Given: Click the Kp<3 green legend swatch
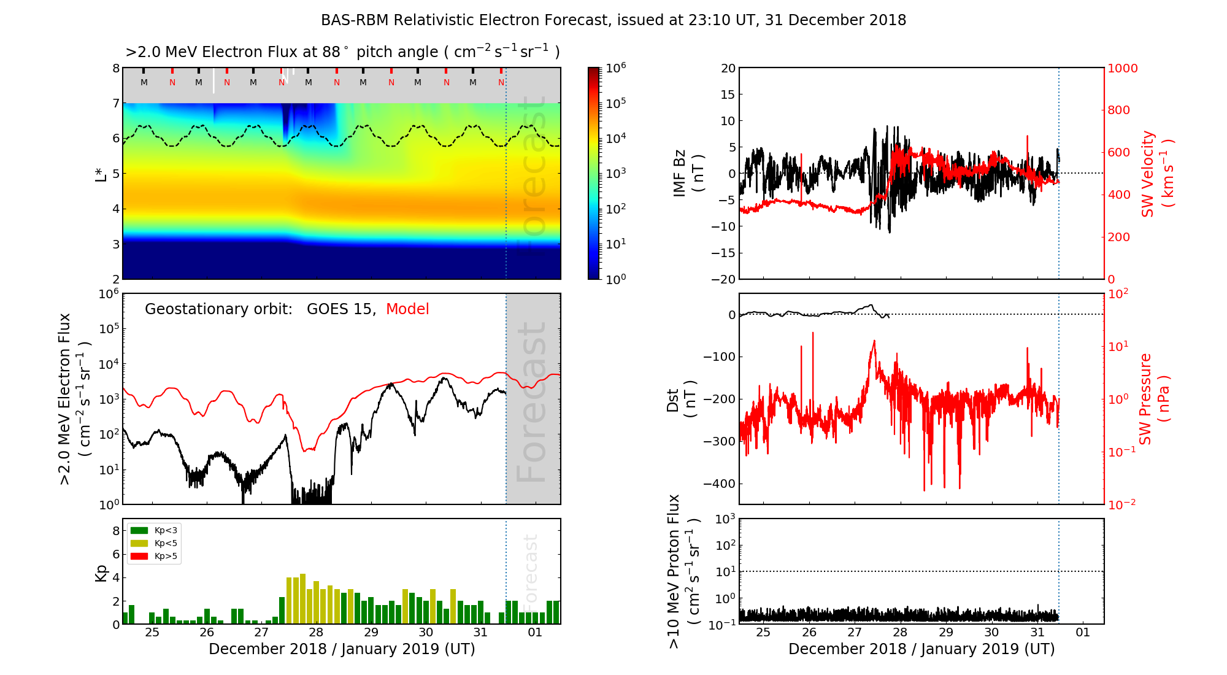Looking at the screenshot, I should click(139, 530).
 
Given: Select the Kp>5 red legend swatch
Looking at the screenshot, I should click(139, 557).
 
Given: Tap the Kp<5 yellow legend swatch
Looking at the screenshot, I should click(139, 543).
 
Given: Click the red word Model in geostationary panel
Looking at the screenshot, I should click(407, 309).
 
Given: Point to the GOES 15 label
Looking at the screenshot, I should click(340, 309).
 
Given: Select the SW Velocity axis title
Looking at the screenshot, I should click(1157, 174).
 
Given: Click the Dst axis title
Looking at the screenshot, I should click(682, 400).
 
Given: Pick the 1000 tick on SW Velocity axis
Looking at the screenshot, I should click(1122, 68).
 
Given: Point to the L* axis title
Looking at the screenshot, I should click(101, 173).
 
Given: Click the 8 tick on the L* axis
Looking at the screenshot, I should click(115, 68).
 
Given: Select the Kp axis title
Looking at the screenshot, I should click(101, 573).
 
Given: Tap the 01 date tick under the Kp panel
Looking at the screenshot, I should click(535, 633).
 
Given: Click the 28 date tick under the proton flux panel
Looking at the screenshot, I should click(900, 633).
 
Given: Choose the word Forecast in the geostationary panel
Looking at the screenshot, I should click(531, 402).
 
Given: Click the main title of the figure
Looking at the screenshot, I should click(613, 20).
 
